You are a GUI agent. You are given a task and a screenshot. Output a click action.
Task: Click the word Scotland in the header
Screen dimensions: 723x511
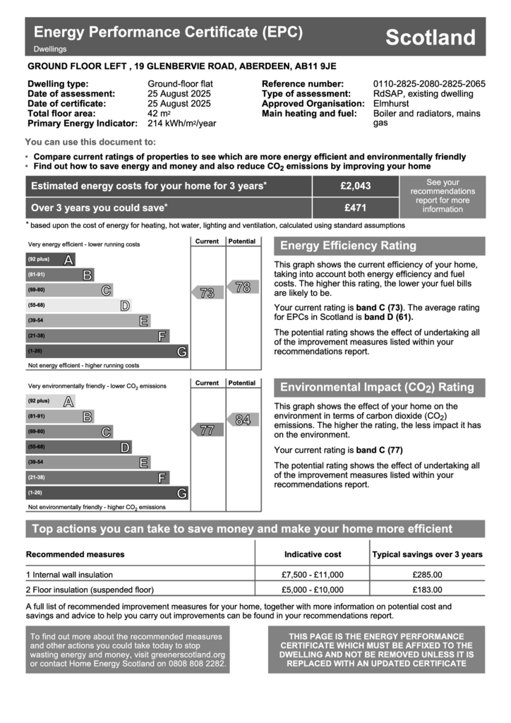point(431,37)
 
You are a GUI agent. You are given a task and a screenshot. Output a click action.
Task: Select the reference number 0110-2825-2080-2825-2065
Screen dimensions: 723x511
point(429,84)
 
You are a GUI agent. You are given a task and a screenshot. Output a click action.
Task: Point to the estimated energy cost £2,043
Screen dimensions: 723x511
point(355,186)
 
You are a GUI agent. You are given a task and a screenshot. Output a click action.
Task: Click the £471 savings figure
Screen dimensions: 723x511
point(355,208)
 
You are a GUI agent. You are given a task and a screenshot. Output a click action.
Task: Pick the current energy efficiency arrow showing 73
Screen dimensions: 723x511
point(206,293)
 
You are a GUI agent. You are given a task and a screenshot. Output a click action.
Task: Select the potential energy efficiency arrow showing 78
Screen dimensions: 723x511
point(241,287)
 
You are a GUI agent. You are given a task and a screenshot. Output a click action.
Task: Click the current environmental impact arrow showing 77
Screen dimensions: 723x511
point(206,430)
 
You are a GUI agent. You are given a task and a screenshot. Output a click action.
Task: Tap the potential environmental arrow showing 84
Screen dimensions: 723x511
point(241,420)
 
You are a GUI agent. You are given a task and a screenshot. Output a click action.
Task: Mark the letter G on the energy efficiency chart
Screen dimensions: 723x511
point(182,352)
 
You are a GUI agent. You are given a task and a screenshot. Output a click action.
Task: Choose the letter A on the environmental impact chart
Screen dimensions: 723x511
point(68,401)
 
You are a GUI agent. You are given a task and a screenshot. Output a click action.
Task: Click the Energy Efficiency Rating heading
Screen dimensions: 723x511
point(349,246)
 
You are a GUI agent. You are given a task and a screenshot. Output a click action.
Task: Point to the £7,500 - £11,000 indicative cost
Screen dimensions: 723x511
point(312,575)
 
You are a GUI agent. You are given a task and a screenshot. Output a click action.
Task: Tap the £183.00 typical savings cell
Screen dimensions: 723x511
point(427,590)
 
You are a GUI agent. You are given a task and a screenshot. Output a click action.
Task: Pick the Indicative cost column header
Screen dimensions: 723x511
point(312,554)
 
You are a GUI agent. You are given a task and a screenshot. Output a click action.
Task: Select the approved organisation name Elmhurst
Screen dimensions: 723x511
point(390,104)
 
